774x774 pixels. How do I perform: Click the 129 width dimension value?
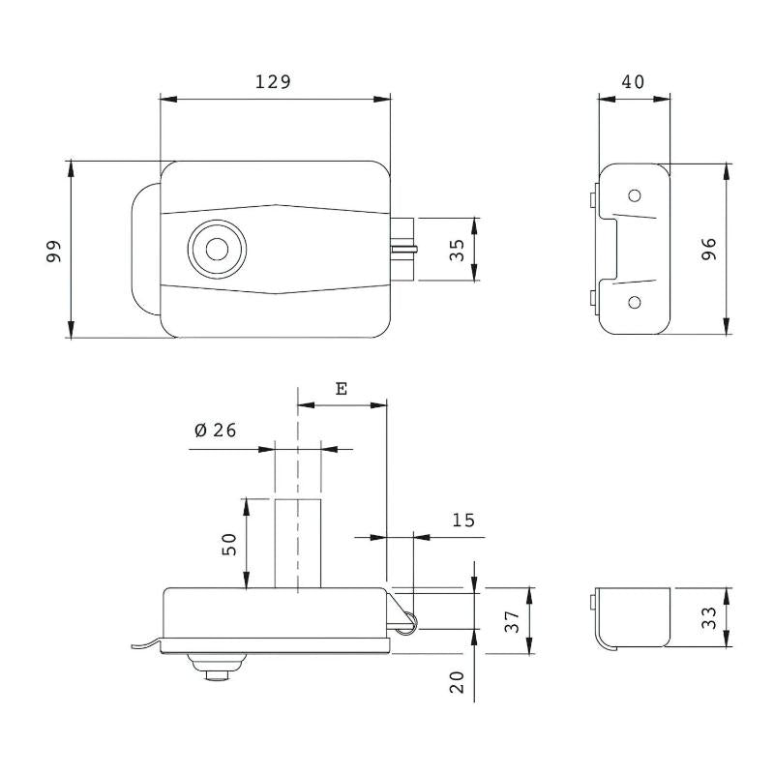(273, 81)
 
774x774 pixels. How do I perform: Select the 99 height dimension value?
(53, 252)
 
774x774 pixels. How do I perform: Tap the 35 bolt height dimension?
(457, 250)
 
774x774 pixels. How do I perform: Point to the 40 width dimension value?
(633, 81)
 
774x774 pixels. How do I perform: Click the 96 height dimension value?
(709, 249)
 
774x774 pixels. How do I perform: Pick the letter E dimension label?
(342, 389)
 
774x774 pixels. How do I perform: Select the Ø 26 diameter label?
(216, 430)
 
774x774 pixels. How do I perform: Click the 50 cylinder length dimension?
(229, 545)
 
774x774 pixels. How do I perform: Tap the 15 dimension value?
(463, 520)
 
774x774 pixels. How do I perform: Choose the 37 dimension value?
(513, 621)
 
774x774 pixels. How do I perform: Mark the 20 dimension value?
(457, 682)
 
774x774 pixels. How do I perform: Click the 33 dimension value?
(709, 617)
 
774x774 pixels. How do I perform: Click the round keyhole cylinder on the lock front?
(217, 250)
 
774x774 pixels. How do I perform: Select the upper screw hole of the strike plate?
(635, 195)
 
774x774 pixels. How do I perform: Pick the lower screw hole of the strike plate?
(635, 302)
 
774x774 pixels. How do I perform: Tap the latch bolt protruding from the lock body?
(403, 250)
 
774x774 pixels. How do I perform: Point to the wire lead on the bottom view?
(147, 643)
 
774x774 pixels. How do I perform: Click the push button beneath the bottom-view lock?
(216, 668)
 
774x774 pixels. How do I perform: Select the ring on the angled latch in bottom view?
(409, 622)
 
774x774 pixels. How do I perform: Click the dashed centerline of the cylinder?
(298, 490)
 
